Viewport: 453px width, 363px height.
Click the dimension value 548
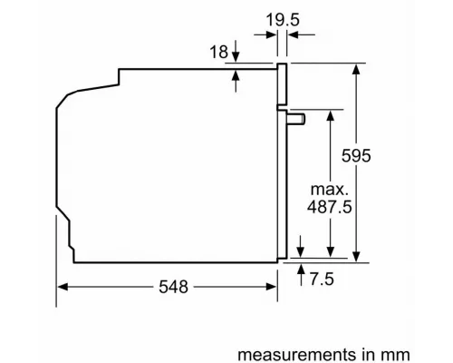tap(169, 287)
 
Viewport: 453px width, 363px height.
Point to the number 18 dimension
tap(218, 53)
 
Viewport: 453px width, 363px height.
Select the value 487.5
tap(331, 208)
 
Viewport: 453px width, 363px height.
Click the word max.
tap(331, 190)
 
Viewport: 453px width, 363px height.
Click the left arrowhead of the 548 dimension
tap(63, 287)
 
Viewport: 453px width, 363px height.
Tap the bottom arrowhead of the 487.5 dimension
tap(331, 257)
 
